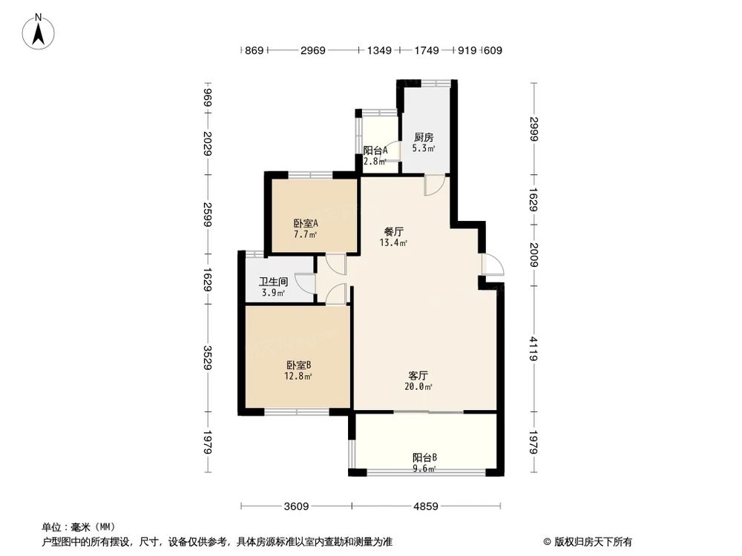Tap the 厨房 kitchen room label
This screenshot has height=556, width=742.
click(424, 138)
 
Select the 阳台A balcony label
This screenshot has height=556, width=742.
click(375, 150)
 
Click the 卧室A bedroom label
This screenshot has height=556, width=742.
click(305, 223)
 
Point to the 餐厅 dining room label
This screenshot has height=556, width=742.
click(393, 231)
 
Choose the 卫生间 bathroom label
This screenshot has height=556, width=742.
click(273, 282)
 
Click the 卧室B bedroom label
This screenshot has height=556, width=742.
click(298, 365)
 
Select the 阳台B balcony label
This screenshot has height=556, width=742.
click(424, 457)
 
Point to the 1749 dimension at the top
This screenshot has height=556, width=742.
click(427, 51)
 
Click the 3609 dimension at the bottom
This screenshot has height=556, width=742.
click(296, 507)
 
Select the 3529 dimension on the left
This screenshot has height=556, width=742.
click(209, 358)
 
